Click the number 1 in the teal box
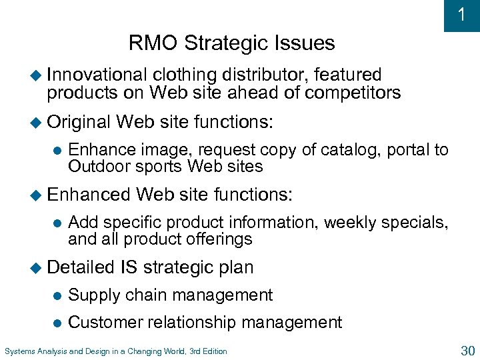tap(461, 15)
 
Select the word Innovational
tap(96, 75)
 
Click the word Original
tap(79, 122)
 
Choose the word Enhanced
tap(89, 195)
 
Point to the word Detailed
tap(81, 267)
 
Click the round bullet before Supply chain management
tap(57, 295)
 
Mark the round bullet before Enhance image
tap(57, 151)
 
